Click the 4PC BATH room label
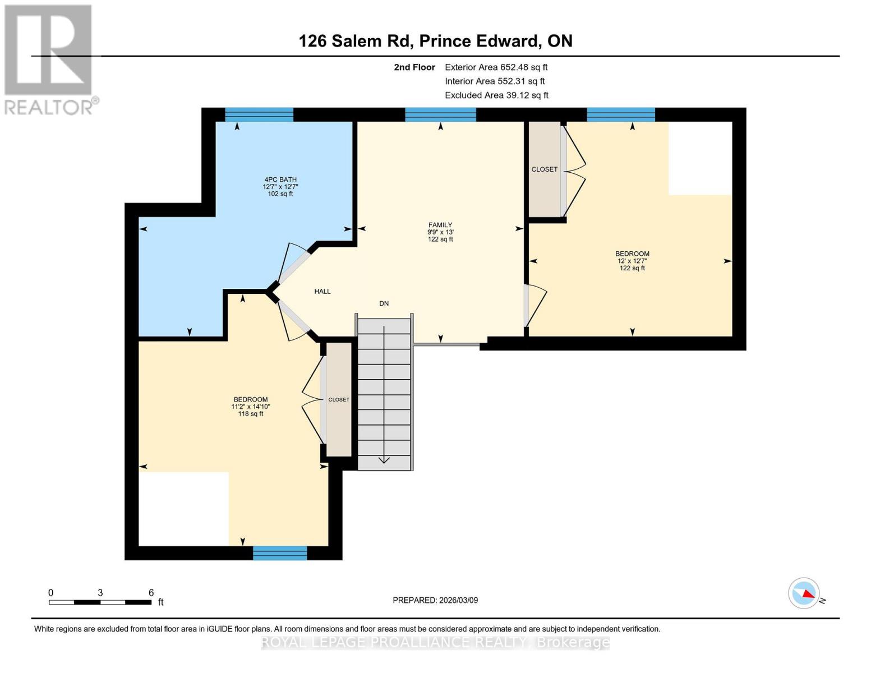pyautogui.click(x=280, y=179)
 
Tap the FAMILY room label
pyautogui.click(x=440, y=225)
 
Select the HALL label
pyautogui.click(x=322, y=292)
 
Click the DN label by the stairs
pyautogui.click(x=384, y=303)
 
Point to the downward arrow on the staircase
pyautogui.click(x=384, y=459)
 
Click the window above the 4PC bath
pyautogui.click(x=259, y=115)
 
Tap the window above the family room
pyautogui.click(x=440, y=115)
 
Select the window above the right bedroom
pyautogui.click(x=621, y=115)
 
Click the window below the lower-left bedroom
pyautogui.click(x=280, y=553)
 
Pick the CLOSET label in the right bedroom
pyautogui.click(x=545, y=169)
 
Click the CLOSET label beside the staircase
pyautogui.click(x=339, y=400)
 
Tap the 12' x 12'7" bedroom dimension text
pyautogui.click(x=633, y=261)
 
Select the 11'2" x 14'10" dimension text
pyautogui.click(x=251, y=407)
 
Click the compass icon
pyautogui.click(x=804, y=593)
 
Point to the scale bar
pyautogui.click(x=100, y=602)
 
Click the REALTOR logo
pyautogui.click(x=49, y=59)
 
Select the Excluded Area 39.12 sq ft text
pyautogui.click(x=496, y=95)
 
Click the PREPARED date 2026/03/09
pyautogui.click(x=435, y=600)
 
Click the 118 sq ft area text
pyautogui.click(x=251, y=414)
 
